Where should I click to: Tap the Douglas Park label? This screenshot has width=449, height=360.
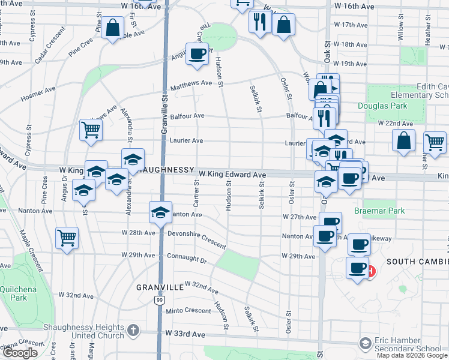(x=382, y=106)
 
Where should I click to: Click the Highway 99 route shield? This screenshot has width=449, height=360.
(x=158, y=299)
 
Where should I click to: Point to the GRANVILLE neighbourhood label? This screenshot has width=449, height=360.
(x=159, y=287)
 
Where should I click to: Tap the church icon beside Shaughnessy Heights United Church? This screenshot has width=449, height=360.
(x=134, y=331)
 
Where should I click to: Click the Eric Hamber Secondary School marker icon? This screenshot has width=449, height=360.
(x=364, y=343)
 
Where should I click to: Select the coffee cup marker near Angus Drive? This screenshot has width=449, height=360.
(x=197, y=54)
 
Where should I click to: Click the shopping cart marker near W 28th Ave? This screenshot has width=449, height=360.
(x=67, y=237)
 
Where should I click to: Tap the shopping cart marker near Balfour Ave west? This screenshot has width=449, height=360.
(x=90, y=129)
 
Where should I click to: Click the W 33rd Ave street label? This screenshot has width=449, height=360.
(x=185, y=332)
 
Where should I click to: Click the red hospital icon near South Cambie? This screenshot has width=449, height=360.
(x=371, y=271)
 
